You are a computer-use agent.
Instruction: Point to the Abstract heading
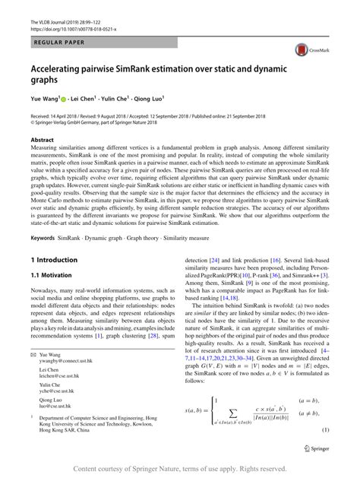(43, 141)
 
